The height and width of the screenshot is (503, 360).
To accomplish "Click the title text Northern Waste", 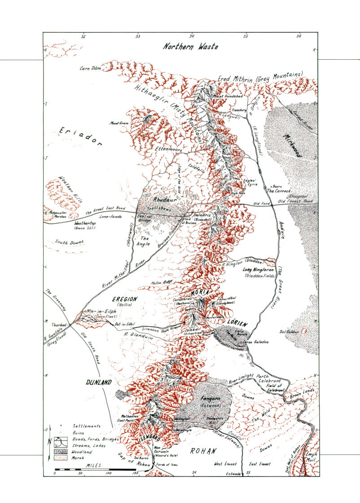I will point(190,46).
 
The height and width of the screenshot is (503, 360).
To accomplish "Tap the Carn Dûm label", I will point(89,68).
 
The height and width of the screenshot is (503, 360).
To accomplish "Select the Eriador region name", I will point(81,137).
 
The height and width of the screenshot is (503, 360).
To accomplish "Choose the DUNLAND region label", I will point(98,382).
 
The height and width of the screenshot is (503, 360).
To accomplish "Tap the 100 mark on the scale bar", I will point(108,473).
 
